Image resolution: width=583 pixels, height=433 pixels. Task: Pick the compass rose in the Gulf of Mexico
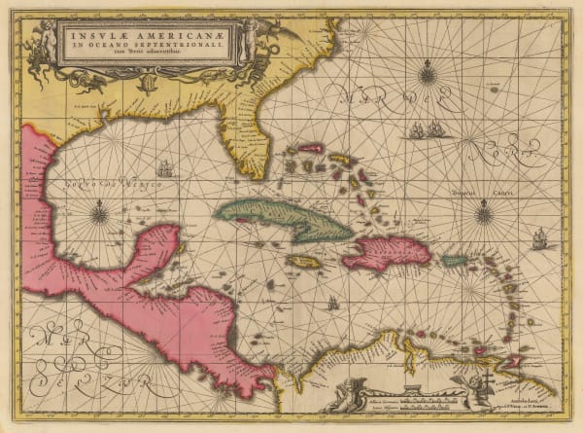pos(101,210)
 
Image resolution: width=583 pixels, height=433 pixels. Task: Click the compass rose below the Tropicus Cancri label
pos(483,212)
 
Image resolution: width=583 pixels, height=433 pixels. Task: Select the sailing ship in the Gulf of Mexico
pos(164,167)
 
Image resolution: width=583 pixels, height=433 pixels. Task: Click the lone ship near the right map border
pos(540,236)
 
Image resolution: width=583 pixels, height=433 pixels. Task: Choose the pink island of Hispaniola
pos(387,251)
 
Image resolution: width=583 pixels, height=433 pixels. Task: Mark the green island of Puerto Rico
pos(455,260)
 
